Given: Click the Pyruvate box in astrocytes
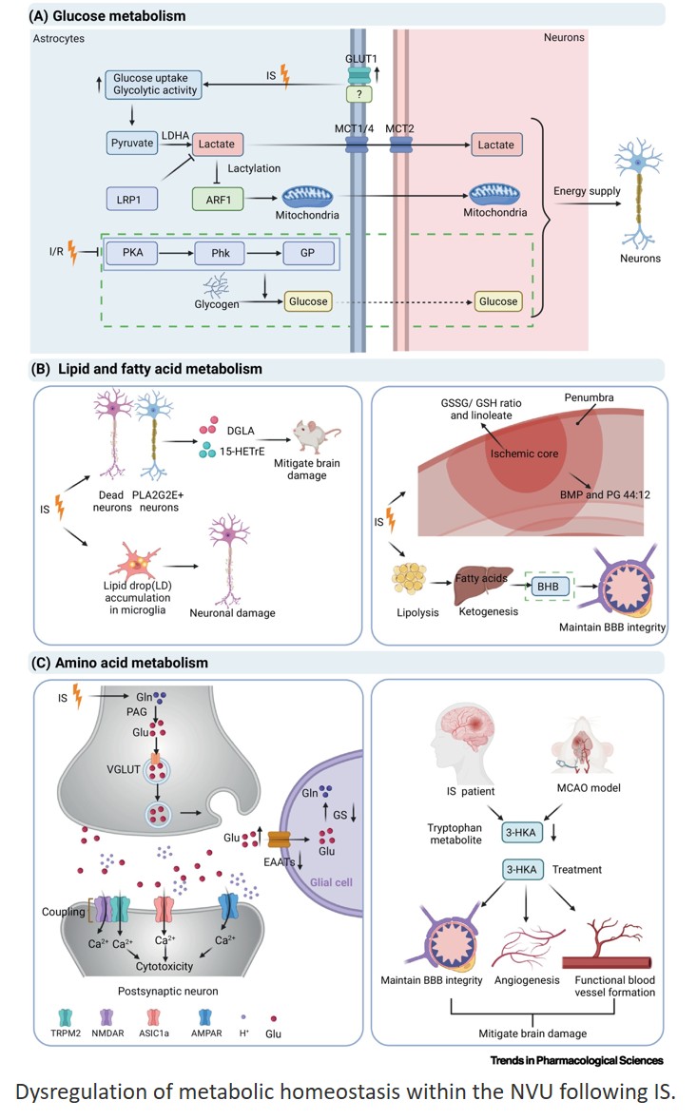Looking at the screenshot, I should (131, 145).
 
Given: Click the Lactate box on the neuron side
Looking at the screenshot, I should (495, 145).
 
